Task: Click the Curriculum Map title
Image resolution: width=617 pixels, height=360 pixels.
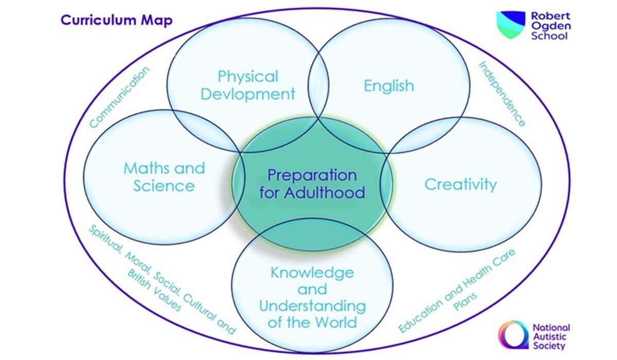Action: pyautogui.click(x=116, y=20)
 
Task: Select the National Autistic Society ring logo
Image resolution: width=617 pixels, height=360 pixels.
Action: pyautogui.click(x=513, y=335)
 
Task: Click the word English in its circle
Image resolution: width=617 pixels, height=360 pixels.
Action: pyautogui.click(x=389, y=85)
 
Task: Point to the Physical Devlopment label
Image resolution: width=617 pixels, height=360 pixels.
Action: pyautogui.click(x=248, y=85)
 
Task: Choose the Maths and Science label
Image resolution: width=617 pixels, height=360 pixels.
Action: pyautogui.click(x=164, y=176)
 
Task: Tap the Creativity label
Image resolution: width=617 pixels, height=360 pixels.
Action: pyautogui.click(x=460, y=184)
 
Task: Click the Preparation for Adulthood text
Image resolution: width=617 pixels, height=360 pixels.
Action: pyautogui.click(x=312, y=184)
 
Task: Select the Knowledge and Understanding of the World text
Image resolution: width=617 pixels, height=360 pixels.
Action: pyautogui.click(x=312, y=297)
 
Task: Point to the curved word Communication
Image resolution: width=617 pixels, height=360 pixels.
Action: pyautogui.click(x=119, y=97)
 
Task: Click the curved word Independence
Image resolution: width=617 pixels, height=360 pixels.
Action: pyautogui.click(x=502, y=94)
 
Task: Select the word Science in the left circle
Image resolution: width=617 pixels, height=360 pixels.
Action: pyautogui.click(x=164, y=186)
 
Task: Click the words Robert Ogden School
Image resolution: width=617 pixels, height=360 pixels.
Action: pyautogui.click(x=551, y=26)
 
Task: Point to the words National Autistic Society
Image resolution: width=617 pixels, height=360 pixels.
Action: pyautogui.click(x=551, y=335)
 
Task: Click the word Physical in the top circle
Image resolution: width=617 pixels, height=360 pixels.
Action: pyautogui.click(x=248, y=77)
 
